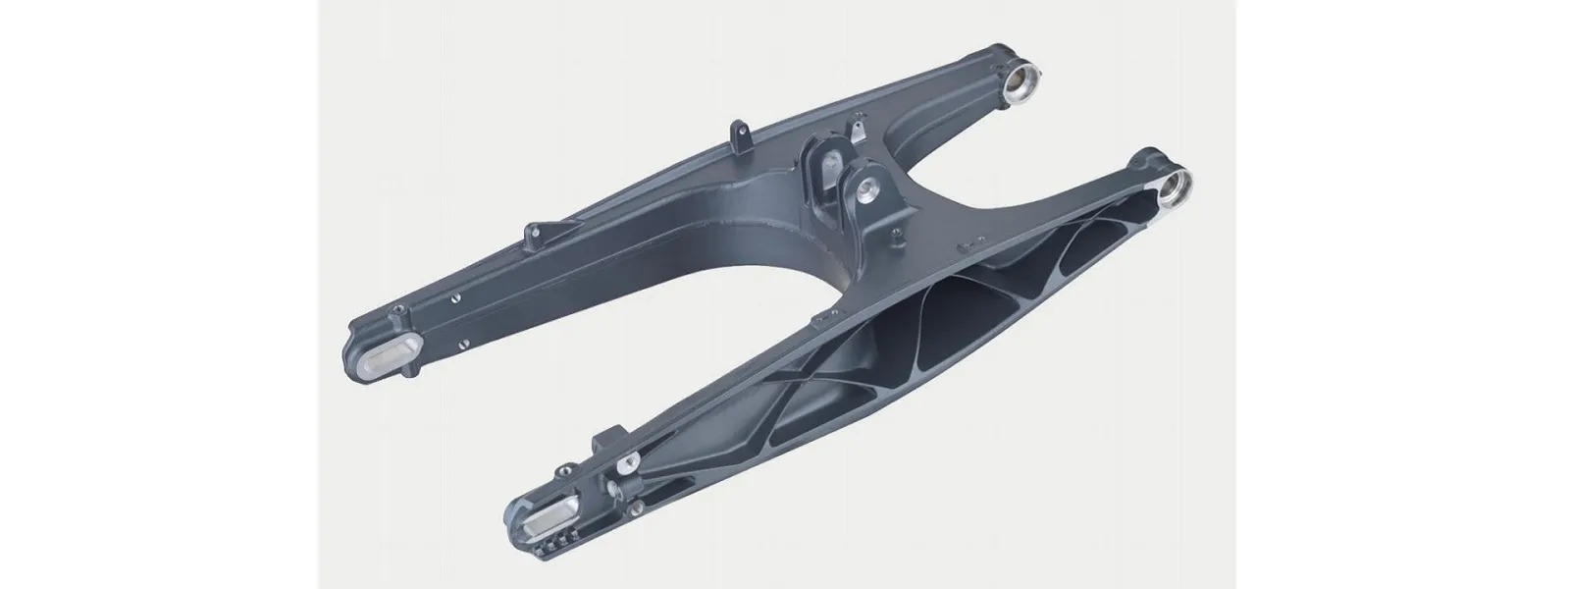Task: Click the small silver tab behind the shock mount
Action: (x=859, y=132)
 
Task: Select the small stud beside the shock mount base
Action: (x=895, y=237)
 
